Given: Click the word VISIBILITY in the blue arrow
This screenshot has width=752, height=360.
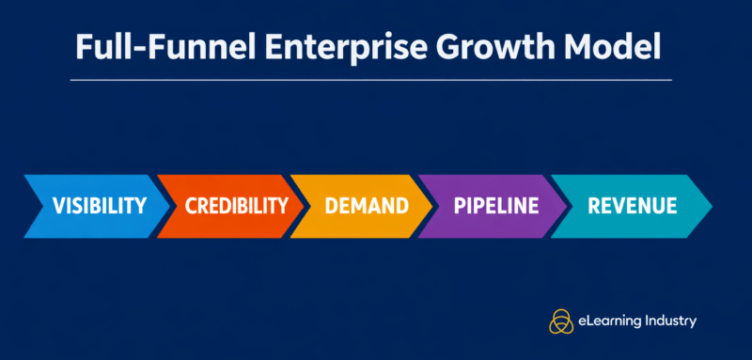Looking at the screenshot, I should coord(100,206).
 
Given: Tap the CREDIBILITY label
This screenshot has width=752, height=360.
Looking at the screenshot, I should coord(236,206).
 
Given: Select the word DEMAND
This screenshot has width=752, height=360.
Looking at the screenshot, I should coord(367,206).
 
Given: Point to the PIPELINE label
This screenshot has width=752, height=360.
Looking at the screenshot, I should coord(496,206).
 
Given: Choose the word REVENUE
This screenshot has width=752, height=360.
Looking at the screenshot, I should coord(632,206).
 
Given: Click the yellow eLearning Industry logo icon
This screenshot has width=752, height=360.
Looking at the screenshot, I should coord(561,321).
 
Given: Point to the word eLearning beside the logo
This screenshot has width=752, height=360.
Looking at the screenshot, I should coord(610,321).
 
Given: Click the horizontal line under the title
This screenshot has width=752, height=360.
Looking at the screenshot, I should coord(371,80).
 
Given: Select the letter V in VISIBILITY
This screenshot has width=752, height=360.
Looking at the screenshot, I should coord(58,206).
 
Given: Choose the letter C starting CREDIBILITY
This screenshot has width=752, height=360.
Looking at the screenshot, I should coord(191,206).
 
